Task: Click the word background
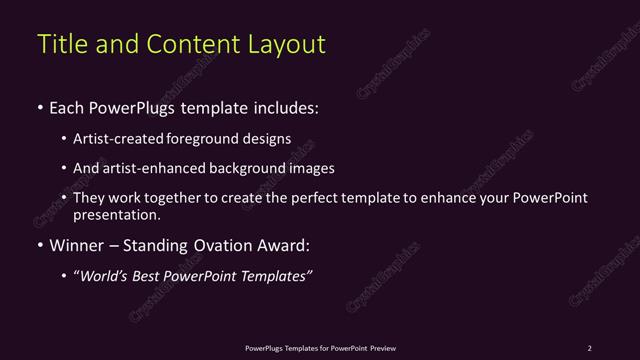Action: pos(244,168)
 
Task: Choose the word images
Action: pos(310,168)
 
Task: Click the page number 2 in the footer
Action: pos(589,348)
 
